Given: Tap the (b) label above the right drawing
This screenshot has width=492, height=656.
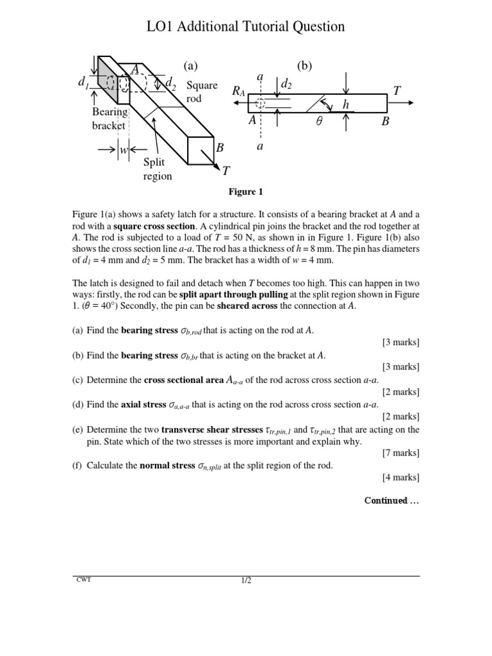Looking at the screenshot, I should tap(304, 65).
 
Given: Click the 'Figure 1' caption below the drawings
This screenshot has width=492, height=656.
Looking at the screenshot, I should tap(246, 192).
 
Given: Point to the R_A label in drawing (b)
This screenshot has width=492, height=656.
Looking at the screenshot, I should tap(239, 92).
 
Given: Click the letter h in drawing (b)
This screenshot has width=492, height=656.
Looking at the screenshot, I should tap(365, 104).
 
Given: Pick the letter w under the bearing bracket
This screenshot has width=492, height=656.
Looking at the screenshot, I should tap(124, 151).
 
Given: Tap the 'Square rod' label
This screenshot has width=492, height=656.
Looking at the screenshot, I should tap(202, 92).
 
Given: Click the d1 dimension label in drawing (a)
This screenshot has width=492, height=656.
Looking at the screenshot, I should tap(83, 83).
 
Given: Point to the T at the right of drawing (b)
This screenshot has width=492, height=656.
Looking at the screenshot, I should tap(397, 91).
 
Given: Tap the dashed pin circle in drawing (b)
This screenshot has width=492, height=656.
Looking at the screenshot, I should tap(259, 103).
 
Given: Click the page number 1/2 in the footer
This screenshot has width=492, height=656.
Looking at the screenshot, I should tap(246, 581).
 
